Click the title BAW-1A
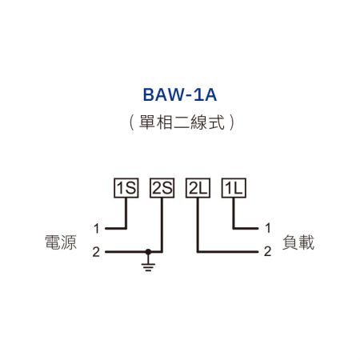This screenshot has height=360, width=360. pyautogui.click(x=180, y=95)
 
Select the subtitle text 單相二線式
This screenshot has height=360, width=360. pyautogui.click(x=180, y=123)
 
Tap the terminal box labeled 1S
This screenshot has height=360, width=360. pyautogui.click(x=127, y=189)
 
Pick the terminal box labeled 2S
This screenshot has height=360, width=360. pyautogui.click(x=162, y=189)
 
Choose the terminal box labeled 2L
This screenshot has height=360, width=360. pyautogui.click(x=197, y=189)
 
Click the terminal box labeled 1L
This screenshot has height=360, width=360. pyautogui.click(x=233, y=189)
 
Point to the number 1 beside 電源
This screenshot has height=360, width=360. pyautogui.click(x=96, y=228)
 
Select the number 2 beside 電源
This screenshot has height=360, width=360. pyautogui.click(x=96, y=252)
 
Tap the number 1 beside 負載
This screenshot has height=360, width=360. pyautogui.click(x=267, y=228)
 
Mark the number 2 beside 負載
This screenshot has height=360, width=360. pyautogui.click(x=267, y=252)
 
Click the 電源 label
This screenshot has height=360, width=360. pyautogui.click(x=62, y=242)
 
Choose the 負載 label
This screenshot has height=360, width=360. pyautogui.click(x=298, y=242)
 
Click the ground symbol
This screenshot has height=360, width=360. pyautogui.click(x=147, y=263)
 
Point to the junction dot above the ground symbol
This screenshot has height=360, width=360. pyautogui.click(x=147, y=252)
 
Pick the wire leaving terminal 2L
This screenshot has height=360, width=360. pyautogui.click(x=197, y=228)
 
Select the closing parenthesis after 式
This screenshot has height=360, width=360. pyautogui.click(x=231, y=123)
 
